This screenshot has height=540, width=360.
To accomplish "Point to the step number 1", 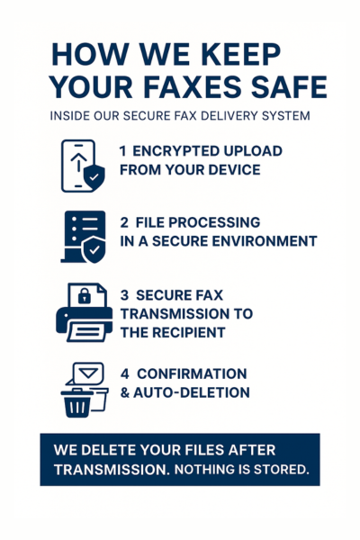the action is pyautogui.click(x=122, y=151).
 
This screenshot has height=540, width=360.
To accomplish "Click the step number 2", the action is pyautogui.click(x=124, y=222).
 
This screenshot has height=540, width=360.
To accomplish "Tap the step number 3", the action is pyautogui.click(x=124, y=295).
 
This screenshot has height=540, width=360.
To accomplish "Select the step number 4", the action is pyautogui.click(x=124, y=374).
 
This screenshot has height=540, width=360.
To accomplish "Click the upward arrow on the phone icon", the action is pyautogui.click(x=79, y=161).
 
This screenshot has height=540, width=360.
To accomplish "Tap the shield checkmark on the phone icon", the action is pyautogui.click(x=94, y=177).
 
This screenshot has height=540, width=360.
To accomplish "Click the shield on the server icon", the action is pyautogui.click(x=94, y=249).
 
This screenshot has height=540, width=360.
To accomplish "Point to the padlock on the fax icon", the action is pyautogui.click(x=85, y=295).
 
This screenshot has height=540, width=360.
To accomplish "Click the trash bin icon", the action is pyautogui.click(x=77, y=403).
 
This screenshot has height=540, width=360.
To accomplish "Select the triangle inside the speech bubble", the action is pyautogui.click(x=88, y=373).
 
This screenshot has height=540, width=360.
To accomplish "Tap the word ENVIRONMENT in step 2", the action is pyautogui.click(x=264, y=241).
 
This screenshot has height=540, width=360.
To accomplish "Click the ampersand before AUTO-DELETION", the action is pyautogui.click(x=124, y=393).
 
